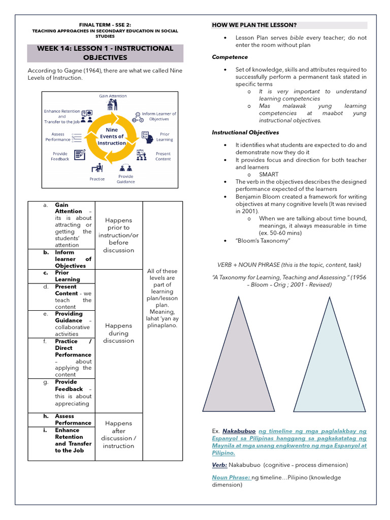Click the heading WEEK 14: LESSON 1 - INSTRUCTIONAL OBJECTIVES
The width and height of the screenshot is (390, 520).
(x=105, y=53)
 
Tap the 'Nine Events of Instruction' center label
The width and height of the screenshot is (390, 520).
(x=112, y=136)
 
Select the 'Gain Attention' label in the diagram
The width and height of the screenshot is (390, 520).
(x=113, y=95)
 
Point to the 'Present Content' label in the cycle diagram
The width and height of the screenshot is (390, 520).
(x=163, y=156)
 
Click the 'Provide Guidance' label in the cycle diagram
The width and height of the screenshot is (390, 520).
(x=125, y=179)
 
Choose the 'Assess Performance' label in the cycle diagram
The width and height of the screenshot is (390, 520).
(x=58, y=137)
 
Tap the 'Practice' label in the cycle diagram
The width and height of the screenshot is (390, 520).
(x=97, y=179)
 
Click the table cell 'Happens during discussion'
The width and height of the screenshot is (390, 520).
(x=119, y=333)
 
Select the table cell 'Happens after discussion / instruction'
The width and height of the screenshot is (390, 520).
(x=118, y=434)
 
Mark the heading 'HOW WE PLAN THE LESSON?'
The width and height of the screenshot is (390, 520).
(x=254, y=25)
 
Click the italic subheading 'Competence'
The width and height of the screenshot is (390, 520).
(x=230, y=57)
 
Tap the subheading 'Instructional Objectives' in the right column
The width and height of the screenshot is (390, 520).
(x=245, y=133)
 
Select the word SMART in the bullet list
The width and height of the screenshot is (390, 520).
(x=269, y=174)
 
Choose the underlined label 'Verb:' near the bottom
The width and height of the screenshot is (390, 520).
(x=219, y=465)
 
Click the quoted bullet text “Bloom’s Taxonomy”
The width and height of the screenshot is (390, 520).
(x=263, y=241)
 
